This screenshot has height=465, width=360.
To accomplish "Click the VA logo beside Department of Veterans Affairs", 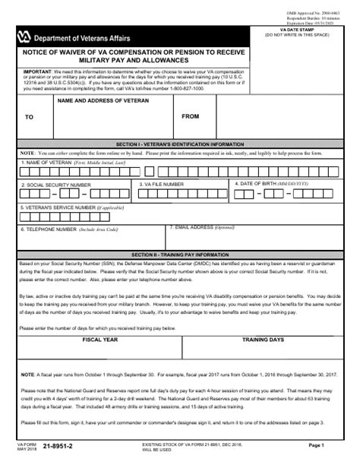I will click(x=27, y=34).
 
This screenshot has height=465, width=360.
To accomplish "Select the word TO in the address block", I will click(x=30, y=117).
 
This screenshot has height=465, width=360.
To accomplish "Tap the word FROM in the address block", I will click(x=191, y=116).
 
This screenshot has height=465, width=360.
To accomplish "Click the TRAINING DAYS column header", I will click(x=263, y=340).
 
